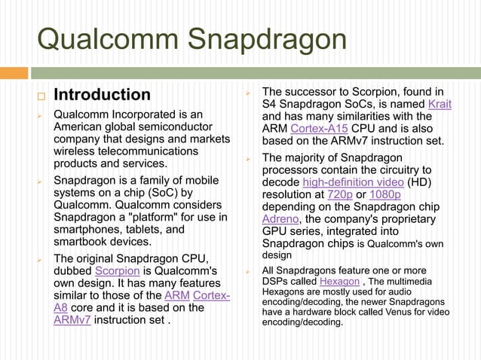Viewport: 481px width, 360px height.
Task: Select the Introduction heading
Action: point(102,95)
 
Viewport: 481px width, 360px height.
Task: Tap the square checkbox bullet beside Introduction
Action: point(42,96)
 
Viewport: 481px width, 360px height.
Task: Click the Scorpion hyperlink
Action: point(117,270)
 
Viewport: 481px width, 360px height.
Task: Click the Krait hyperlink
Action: point(439,104)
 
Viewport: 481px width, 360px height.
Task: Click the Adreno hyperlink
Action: point(280,219)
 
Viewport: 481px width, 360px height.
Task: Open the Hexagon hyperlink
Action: point(339,282)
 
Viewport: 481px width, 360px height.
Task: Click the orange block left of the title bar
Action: point(14,73)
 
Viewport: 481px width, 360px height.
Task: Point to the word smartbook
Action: point(81,242)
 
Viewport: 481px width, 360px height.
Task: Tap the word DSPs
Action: point(276,282)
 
